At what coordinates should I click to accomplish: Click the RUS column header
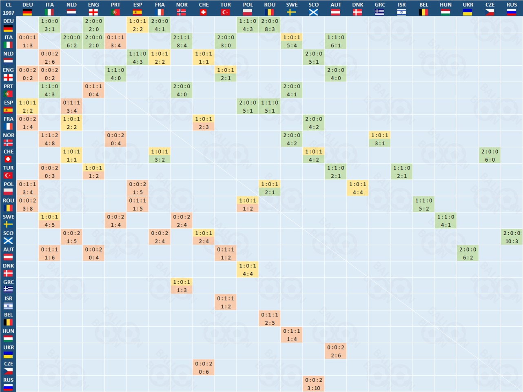[512, 8]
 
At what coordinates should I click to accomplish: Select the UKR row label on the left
[8, 351]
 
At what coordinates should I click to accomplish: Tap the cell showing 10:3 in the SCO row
[512, 237]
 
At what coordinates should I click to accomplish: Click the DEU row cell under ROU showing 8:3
[270, 25]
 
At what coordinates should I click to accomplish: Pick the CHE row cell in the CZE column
[490, 155]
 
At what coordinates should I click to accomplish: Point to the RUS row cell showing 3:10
[314, 384]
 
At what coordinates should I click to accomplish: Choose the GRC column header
[380, 8]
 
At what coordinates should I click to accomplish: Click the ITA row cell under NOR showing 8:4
[182, 41]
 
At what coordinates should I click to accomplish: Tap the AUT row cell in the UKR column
[468, 253]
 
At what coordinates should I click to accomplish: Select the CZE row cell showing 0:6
[204, 367]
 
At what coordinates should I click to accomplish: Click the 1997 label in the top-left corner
[8, 13]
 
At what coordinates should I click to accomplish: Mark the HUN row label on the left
[8, 335]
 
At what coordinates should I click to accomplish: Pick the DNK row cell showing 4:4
[248, 269]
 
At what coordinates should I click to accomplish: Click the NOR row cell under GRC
[380, 139]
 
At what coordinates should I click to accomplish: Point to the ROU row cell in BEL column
[423, 204]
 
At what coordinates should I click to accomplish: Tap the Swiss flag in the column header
[204, 12]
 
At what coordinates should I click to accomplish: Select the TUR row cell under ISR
[401, 171]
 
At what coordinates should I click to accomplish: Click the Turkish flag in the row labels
[8, 176]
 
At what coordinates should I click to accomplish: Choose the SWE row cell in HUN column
[445, 220]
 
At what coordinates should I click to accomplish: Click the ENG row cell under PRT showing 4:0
[115, 74]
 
